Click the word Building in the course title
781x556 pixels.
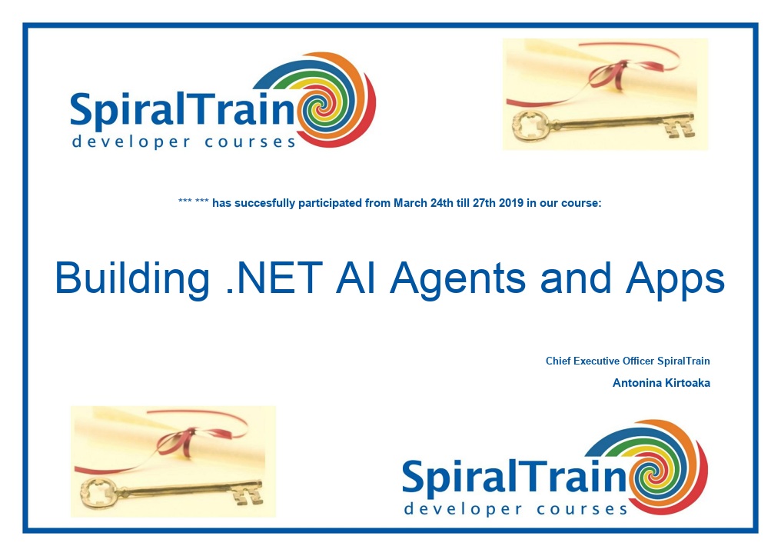pos(132,279)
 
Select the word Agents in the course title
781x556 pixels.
pos(458,280)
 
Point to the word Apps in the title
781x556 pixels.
pos(675,280)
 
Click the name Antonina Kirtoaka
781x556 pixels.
pos(661,383)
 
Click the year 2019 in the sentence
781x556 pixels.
pos(511,203)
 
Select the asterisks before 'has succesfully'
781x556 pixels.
pos(193,201)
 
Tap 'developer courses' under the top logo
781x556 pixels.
pos(184,142)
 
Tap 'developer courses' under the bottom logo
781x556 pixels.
pos(516,509)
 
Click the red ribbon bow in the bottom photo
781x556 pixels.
pos(176,441)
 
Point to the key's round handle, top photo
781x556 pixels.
pos(531,127)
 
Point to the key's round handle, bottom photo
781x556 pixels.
pos(98,494)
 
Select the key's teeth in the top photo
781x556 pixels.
pos(680,126)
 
